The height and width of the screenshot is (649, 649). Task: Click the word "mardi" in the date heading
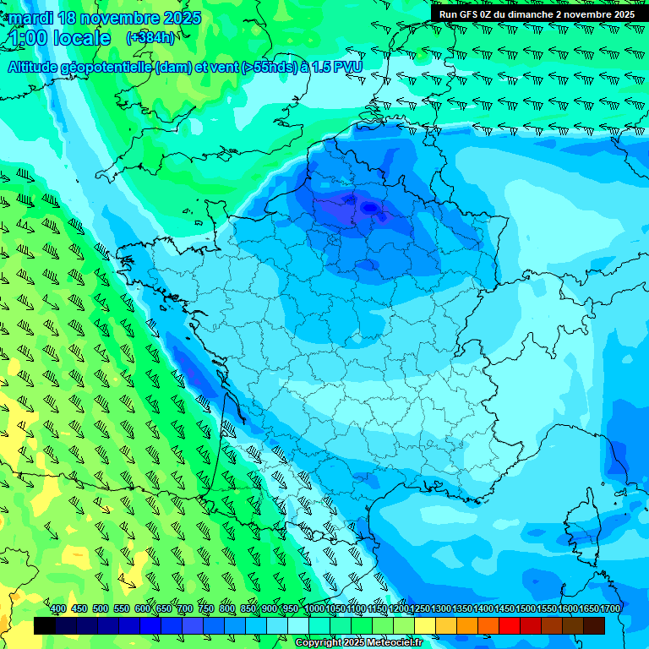[x=27, y=18]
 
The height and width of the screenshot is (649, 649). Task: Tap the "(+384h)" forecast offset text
[x=150, y=38]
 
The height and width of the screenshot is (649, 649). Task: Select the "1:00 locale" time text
[x=60, y=38]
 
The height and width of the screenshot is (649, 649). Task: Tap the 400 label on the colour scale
[x=58, y=609]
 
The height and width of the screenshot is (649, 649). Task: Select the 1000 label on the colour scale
[x=314, y=609]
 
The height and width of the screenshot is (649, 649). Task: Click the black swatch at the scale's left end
[x=45, y=625]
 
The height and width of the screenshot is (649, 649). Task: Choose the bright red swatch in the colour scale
[x=510, y=625]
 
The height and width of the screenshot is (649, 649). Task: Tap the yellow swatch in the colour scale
[x=425, y=625]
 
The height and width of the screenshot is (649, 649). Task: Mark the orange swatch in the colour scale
[x=467, y=625]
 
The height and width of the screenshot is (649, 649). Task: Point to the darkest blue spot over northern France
[x=368, y=206]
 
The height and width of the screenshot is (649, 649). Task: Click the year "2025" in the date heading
[x=182, y=18]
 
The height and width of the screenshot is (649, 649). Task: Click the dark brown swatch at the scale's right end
[x=594, y=625]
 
